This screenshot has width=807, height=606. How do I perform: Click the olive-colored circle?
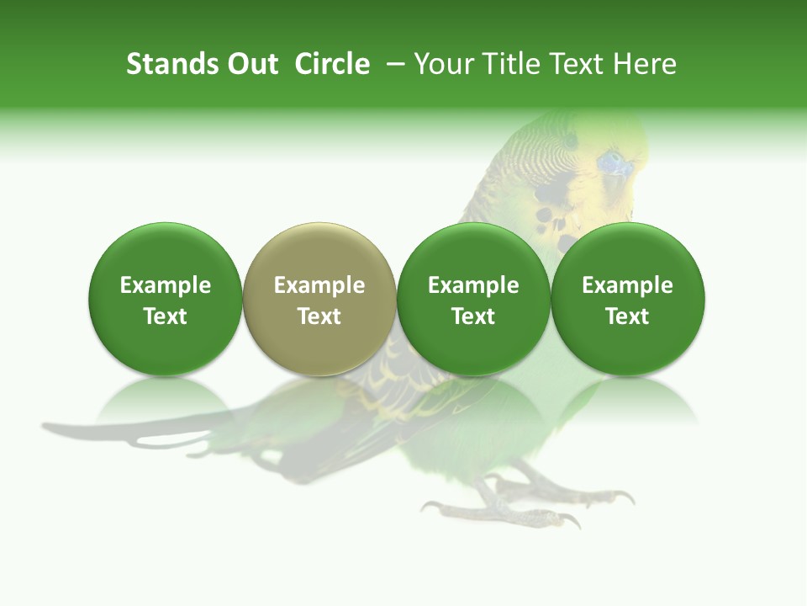point(319,300)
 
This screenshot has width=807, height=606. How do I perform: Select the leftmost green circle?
point(166,300)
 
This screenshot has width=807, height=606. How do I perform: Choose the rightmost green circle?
point(628,300)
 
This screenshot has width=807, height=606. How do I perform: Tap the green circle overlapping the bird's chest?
point(473,300)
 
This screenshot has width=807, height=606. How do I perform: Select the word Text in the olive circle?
point(319,316)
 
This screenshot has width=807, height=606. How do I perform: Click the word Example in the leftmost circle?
point(166,285)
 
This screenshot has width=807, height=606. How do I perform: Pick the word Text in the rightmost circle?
point(628,316)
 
